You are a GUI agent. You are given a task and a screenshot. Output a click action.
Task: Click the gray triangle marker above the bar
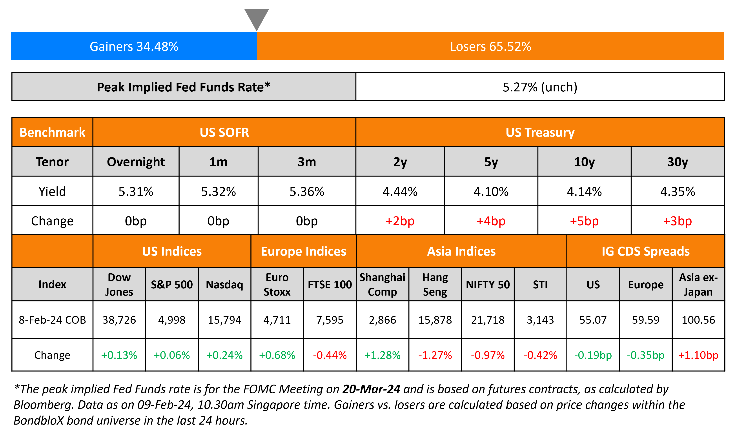pyautogui.click(x=257, y=18)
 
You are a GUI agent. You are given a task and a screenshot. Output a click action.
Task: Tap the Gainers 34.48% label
pyautogui.click(x=134, y=46)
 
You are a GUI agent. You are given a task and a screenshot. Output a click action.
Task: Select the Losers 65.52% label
pyautogui.click(x=490, y=46)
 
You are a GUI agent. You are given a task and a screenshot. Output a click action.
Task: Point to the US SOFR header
pyautogui.click(x=224, y=132)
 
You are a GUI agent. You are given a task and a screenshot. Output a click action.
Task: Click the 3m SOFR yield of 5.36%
pyautogui.click(x=307, y=192)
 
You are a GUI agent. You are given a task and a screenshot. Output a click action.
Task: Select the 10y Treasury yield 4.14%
pyautogui.click(x=584, y=192)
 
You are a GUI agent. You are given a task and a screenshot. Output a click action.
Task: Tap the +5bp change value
pyautogui.click(x=584, y=221)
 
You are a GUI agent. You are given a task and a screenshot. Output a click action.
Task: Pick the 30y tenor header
pyautogui.click(x=677, y=162)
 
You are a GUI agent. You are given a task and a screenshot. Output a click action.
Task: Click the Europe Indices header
pyautogui.click(x=304, y=251)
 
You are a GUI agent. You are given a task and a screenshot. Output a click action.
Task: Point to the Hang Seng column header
pyautogui.click(x=435, y=284)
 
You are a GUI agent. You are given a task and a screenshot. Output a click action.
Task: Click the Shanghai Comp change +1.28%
pyautogui.click(x=382, y=355)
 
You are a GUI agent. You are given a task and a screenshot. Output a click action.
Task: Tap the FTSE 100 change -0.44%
pyautogui.click(x=330, y=355)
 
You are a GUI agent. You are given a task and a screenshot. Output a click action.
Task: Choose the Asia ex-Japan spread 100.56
pyautogui.click(x=698, y=320)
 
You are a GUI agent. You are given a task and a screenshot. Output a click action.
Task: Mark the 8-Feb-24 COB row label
pyautogui.click(x=52, y=320)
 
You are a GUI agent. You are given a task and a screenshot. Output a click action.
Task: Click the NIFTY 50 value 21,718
pyautogui.click(x=488, y=320)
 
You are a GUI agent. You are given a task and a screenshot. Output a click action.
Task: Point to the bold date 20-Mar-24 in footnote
pyautogui.click(x=371, y=389)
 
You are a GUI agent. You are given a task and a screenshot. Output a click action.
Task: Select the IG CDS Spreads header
pyautogui.click(x=645, y=251)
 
